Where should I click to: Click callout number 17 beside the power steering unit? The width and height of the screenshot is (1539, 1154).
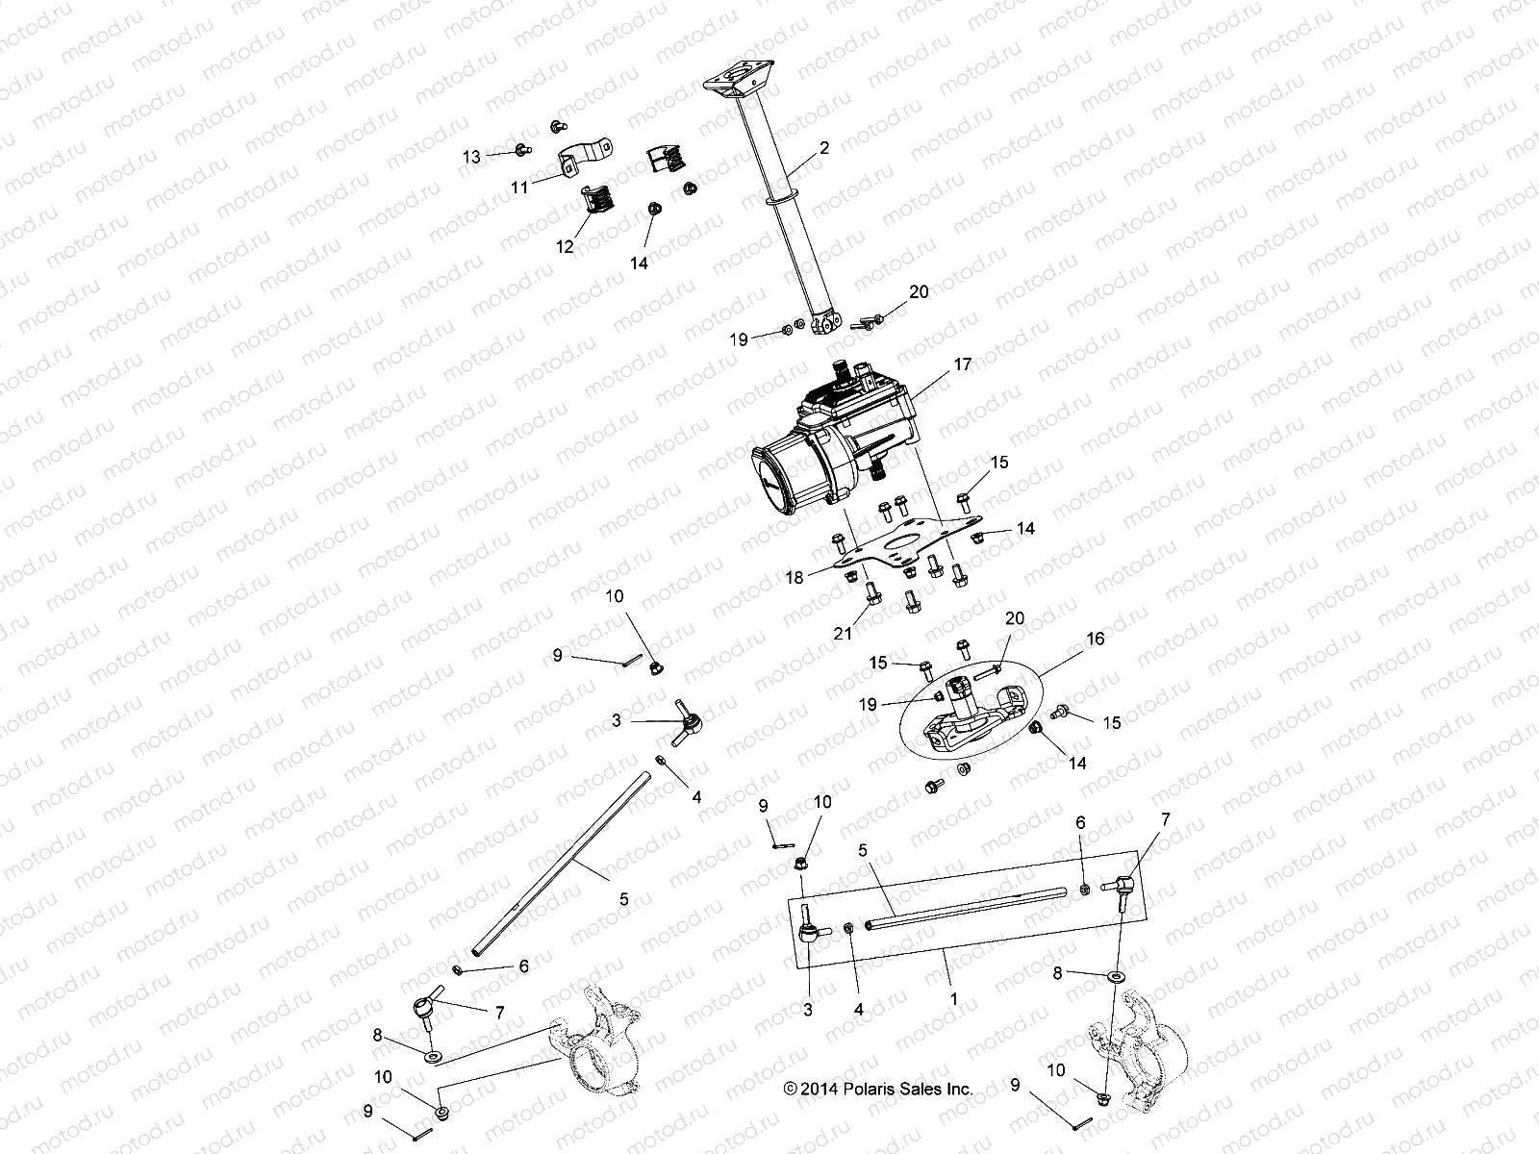tap(963, 364)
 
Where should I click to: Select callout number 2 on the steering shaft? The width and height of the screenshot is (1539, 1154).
tap(823, 148)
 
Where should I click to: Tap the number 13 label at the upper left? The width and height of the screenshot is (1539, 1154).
tap(470, 156)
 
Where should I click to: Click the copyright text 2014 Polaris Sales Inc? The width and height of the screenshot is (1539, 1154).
tap(878, 1090)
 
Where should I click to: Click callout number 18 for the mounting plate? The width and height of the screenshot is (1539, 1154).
tap(795, 577)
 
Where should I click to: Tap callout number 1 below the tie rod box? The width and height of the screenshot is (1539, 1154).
tap(953, 999)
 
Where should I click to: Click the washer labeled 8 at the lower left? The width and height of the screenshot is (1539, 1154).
tap(433, 1057)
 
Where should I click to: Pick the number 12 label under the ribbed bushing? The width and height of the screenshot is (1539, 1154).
tap(565, 247)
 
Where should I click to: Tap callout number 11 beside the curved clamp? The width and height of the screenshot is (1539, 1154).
tap(519, 188)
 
